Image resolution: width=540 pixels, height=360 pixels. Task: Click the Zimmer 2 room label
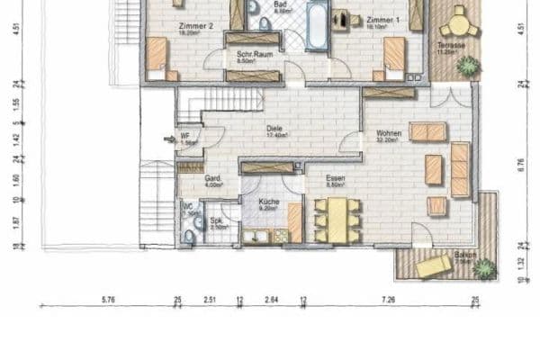[196, 27]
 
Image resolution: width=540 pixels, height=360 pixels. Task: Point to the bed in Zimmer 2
[158, 56]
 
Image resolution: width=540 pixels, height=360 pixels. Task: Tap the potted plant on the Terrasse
[467, 65]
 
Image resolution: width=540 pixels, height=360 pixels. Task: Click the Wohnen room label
[389, 134]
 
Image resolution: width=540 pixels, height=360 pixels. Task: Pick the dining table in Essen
[337, 218]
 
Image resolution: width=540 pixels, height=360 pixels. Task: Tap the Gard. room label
[212, 178]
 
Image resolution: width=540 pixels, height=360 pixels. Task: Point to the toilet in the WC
[188, 235]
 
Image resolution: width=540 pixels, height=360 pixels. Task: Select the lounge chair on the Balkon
[434, 265]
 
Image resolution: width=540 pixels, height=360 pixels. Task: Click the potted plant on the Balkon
[484, 267]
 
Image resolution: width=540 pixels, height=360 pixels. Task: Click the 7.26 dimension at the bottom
[388, 299]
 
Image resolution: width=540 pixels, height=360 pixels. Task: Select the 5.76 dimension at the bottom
[108, 299]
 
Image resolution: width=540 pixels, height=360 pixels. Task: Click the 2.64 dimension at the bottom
[272, 299]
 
